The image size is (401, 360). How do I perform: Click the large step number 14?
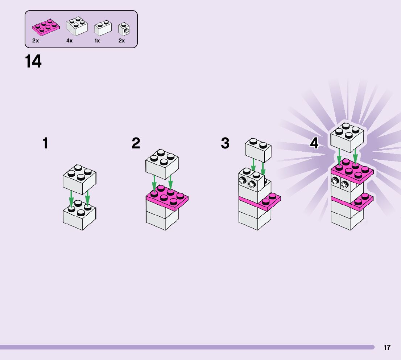[x=33, y=62]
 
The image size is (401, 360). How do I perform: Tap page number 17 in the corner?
[x=387, y=347]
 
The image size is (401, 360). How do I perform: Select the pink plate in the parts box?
[x=46, y=27]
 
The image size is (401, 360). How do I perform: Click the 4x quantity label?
[x=69, y=41]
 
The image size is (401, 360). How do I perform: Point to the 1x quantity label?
[x=97, y=41]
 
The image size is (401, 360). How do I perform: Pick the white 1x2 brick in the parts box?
[x=103, y=28]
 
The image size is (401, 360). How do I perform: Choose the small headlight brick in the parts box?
[x=124, y=29]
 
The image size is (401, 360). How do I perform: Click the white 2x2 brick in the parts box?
[x=77, y=26]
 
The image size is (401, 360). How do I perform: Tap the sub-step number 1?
[x=45, y=143]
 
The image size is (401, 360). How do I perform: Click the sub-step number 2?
[x=136, y=143]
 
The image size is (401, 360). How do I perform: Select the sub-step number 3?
[x=225, y=143]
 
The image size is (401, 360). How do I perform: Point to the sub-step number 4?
[x=314, y=143]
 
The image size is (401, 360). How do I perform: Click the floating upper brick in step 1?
[x=79, y=179]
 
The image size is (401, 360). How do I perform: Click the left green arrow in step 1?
[x=71, y=200]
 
